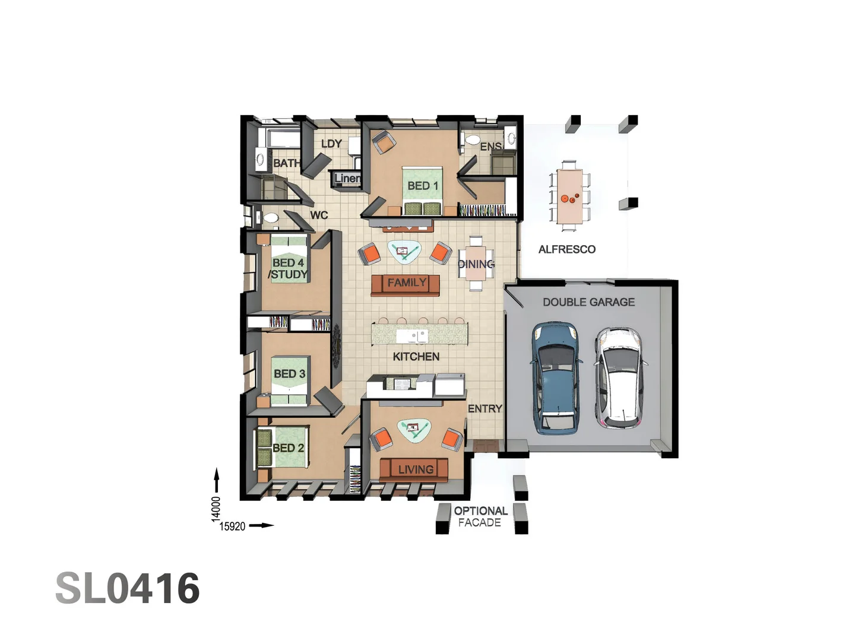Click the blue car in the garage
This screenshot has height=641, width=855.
click(556, 377)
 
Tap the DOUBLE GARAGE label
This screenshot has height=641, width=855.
click(588, 302)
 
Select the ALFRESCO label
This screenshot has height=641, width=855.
click(566, 249)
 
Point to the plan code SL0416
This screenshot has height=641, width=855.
click(128, 589)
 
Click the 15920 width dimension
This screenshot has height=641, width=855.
click(232, 526)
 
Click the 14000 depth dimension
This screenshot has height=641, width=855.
click(216, 509)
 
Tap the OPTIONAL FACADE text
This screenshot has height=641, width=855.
click(480, 516)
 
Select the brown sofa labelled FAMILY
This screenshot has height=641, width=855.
click(406, 284)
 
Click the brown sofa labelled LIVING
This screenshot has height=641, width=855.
click(414, 469)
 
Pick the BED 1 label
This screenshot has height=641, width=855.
click(423, 186)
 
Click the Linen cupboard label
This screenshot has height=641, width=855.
click(347, 178)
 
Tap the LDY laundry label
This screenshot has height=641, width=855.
click(331, 144)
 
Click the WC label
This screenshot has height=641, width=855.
click(319, 215)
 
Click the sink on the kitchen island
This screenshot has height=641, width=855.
click(412, 337)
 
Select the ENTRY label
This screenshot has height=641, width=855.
click(484, 408)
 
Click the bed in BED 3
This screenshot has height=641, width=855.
click(290, 380)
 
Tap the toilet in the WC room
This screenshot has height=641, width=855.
click(270, 218)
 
